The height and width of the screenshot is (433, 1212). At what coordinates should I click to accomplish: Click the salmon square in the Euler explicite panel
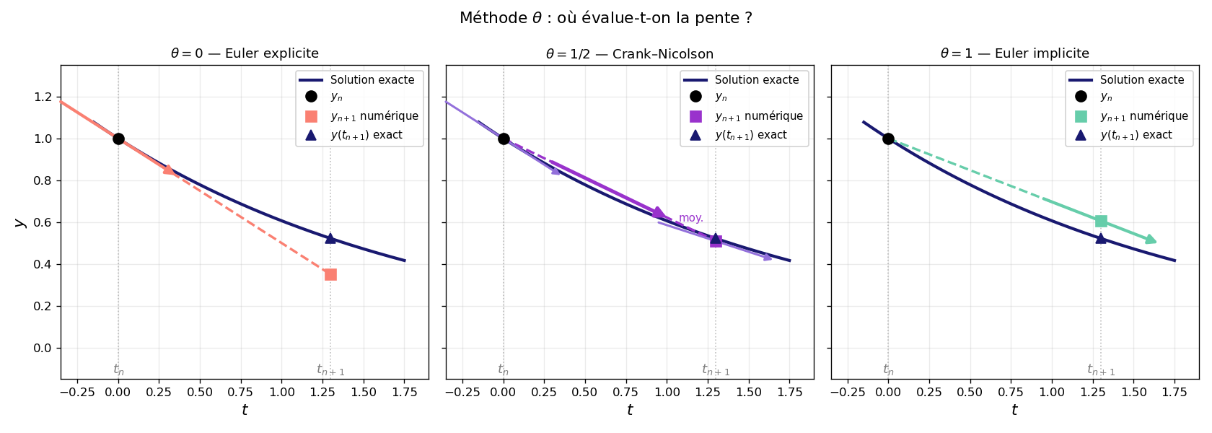click(x=330, y=274)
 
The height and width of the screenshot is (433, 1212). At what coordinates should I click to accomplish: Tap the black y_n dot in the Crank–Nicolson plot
click(x=504, y=139)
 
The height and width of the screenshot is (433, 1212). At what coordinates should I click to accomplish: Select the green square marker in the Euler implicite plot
click(x=1101, y=221)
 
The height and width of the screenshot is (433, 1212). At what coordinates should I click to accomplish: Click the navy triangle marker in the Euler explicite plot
click(x=330, y=238)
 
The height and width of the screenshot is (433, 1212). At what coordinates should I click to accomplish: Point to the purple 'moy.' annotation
click(x=690, y=218)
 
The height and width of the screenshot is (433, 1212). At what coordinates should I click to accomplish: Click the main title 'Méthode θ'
click(x=605, y=18)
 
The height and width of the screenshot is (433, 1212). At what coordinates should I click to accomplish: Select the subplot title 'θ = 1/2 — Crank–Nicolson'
click(x=629, y=54)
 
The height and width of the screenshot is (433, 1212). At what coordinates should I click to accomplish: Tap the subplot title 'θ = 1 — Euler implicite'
click(x=1014, y=53)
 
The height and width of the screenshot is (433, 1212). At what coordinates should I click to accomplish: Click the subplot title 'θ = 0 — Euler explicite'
click(x=245, y=53)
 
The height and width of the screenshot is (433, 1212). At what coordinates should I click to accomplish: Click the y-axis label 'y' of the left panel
click(x=19, y=222)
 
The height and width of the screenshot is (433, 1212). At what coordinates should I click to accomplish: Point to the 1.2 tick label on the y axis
click(x=43, y=97)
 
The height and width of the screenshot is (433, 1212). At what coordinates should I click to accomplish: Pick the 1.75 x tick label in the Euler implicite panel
click(x=1174, y=392)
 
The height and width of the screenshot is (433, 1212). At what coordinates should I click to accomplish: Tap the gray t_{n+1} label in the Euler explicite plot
click(x=330, y=369)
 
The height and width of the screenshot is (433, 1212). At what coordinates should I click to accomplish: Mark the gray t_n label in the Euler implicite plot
click(x=888, y=369)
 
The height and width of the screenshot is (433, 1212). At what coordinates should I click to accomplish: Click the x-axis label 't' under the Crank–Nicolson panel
click(x=630, y=410)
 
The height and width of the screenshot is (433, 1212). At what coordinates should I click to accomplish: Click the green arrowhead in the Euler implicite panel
click(x=1151, y=240)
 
